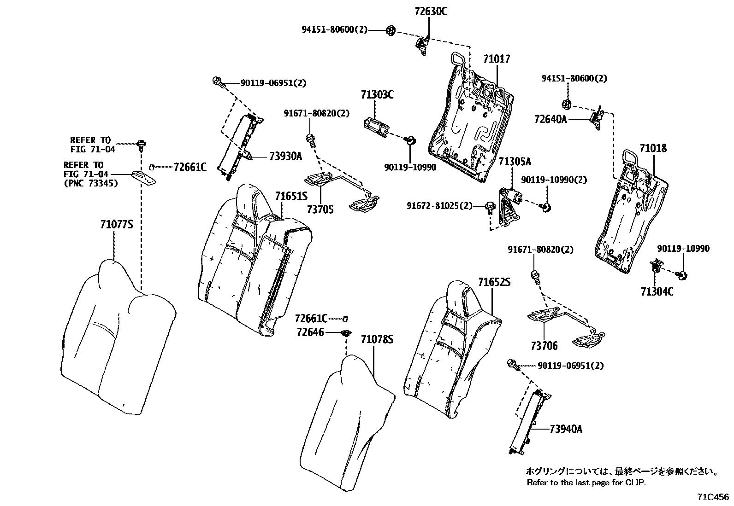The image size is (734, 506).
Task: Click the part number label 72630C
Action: (x=431, y=12)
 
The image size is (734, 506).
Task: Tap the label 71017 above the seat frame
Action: (x=497, y=59)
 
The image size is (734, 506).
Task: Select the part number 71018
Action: (x=653, y=148)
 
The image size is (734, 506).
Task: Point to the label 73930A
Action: (x=285, y=156)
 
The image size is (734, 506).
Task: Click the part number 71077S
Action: (x=117, y=225)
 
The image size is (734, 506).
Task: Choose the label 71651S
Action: (x=291, y=197)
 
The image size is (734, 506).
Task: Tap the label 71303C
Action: (x=377, y=95)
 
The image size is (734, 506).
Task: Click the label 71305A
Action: (x=515, y=162)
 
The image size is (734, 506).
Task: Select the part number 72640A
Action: (x=550, y=119)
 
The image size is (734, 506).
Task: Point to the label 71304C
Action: (x=657, y=291)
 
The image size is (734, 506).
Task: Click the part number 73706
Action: (x=544, y=346)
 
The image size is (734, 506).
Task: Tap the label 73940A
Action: (x=566, y=429)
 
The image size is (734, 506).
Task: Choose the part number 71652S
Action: (x=494, y=282)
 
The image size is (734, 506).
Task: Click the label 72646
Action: (x=310, y=332)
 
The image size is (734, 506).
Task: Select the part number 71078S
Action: (x=377, y=340)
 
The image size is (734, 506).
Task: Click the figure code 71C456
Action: (x=713, y=497)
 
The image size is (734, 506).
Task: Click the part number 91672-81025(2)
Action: (x=439, y=205)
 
